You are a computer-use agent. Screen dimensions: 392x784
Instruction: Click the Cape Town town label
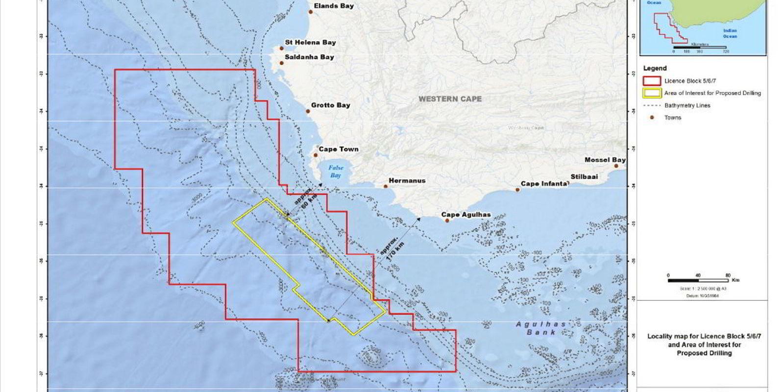pyautogui.click(x=339, y=149)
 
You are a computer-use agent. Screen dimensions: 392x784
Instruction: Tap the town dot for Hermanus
pyautogui.click(x=386, y=186)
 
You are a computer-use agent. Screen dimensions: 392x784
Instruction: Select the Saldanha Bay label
pyautogui.click(x=309, y=57)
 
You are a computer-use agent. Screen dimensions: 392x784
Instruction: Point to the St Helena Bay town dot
pyautogui.click(x=282, y=48)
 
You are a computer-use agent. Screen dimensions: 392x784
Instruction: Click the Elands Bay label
pyautogui.click(x=334, y=6)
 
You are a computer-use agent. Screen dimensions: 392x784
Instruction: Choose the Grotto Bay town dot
pyautogui.click(x=308, y=111)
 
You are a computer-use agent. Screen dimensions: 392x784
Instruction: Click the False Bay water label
pyautogui.click(x=336, y=171)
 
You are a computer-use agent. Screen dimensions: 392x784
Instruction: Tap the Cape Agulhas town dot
pyautogui.click(x=447, y=220)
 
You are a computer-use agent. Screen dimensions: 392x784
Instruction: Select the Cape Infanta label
pyautogui.click(x=544, y=184)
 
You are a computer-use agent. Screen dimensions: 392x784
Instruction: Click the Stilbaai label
pyautogui.click(x=584, y=176)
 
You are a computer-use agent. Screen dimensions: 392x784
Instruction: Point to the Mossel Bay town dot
pyautogui.click(x=616, y=166)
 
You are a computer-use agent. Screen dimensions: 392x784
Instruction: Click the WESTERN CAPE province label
pyautogui.click(x=450, y=99)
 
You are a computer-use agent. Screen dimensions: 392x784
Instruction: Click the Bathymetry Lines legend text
pyautogui.click(x=687, y=105)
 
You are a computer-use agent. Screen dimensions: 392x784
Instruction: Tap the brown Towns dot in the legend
pyautogui.click(x=652, y=118)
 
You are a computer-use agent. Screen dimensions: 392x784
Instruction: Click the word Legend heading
pyautogui.click(x=655, y=68)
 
